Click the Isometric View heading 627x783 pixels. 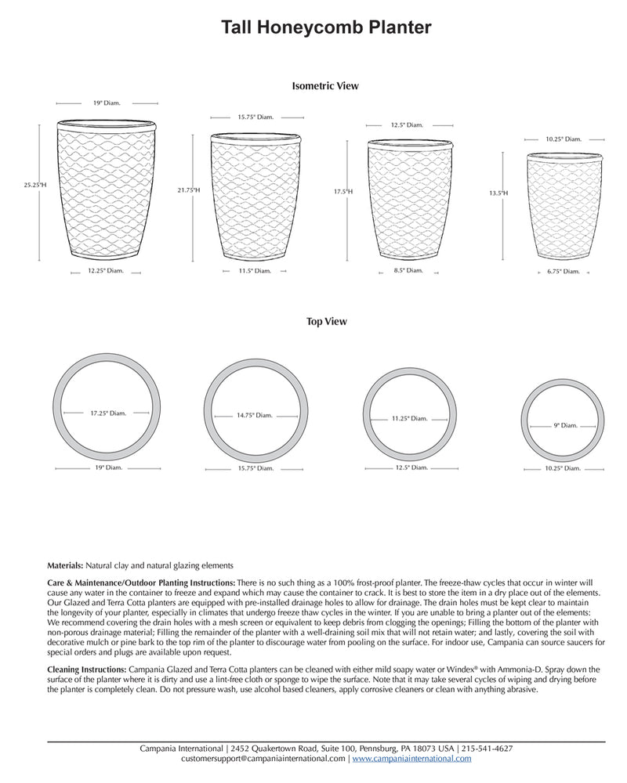(324, 86)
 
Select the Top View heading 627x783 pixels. (327, 321)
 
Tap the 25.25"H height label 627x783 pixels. (35, 186)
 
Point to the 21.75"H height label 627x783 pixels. (189, 190)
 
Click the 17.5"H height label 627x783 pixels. (342, 191)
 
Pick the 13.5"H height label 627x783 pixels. (498, 192)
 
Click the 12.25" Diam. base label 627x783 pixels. (106, 271)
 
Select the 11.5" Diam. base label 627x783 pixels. (256, 271)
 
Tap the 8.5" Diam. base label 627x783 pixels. (408, 270)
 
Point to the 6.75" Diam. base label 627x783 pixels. (563, 272)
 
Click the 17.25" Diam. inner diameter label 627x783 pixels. (108, 413)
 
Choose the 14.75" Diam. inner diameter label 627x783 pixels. (255, 416)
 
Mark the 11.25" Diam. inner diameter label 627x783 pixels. (409, 419)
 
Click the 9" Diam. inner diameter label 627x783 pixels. (565, 426)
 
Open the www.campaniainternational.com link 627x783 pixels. (411, 759)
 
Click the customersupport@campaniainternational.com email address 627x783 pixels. (263, 759)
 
